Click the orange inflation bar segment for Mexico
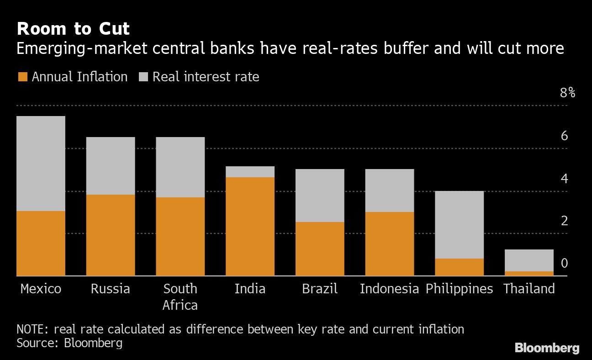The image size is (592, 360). click(x=41, y=243)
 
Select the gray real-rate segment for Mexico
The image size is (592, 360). click(x=41, y=163)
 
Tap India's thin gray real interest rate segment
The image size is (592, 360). click(x=250, y=172)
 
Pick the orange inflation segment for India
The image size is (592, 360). click(x=250, y=226)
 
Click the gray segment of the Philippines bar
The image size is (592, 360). click(x=459, y=224)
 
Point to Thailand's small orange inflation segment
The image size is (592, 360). click(x=529, y=274)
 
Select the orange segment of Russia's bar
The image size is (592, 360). click(x=111, y=235)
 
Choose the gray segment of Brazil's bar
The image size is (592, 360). click(x=320, y=195)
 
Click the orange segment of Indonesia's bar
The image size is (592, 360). click(x=390, y=244)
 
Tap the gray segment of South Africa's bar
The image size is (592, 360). click(x=180, y=167)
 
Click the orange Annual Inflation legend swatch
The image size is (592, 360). click(x=22, y=77)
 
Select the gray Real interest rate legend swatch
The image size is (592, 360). click(x=143, y=77)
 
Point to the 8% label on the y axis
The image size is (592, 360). click(x=567, y=93)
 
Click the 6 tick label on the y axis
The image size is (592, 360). click(x=564, y=136)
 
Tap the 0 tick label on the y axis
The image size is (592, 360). click(x=564, y=263)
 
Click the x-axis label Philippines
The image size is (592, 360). click(x=459, y=289)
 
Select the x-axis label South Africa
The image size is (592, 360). click(x=180, y=296)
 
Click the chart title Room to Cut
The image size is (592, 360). click(x=73, y=29)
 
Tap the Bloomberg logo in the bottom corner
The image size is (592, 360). click(x=547, y=348)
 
